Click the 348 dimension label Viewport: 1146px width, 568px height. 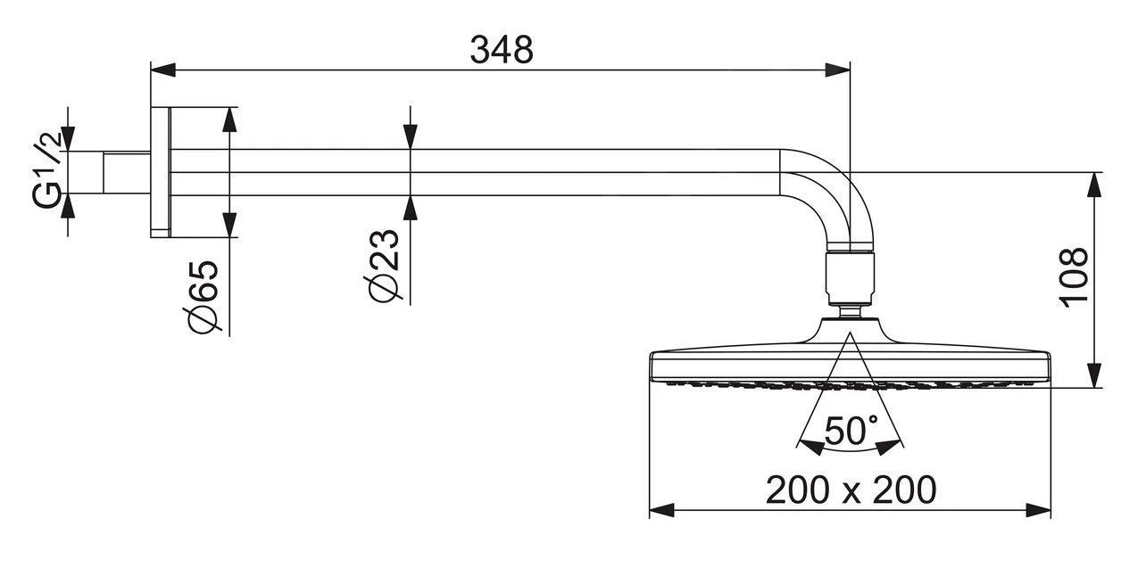tap(502, 50)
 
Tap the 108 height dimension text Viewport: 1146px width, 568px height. tap(1075, 277)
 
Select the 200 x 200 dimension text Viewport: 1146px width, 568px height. tap(851, 489)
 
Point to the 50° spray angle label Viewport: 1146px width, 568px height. tap(850, 432)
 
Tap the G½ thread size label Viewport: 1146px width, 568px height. tap(50, 172)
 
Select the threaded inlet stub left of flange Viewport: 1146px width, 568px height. tap(126, 172)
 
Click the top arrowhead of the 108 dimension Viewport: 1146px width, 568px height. tap(1094, 184)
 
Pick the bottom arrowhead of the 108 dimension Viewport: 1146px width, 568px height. tap(1094, 375)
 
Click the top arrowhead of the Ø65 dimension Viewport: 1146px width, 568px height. tap(230, 119)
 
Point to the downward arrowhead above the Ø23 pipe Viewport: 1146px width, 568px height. tap(411, 137)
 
